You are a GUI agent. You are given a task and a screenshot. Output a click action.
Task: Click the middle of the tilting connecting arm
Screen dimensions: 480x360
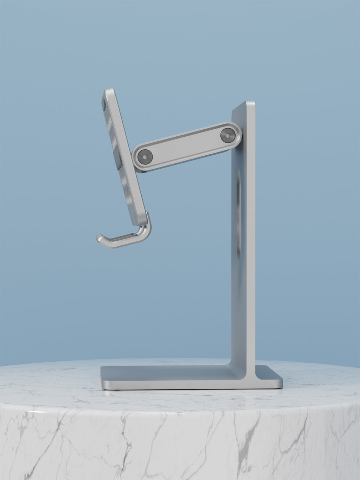click(x=186, y=145)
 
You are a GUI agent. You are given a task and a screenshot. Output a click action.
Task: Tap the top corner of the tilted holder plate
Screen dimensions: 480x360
click(x=108, y=91)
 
